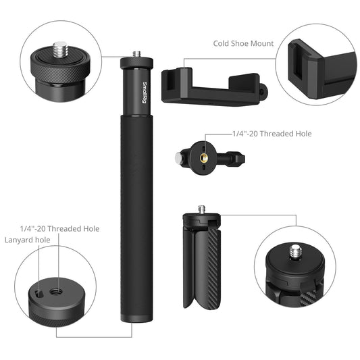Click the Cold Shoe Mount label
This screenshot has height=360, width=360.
(x=244, y=43)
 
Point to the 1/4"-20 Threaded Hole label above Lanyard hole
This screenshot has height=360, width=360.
(x=60, y=228)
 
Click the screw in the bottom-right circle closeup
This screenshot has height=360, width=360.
(x=294, y=253)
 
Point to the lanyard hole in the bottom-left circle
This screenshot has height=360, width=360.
(x=39, y=292)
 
